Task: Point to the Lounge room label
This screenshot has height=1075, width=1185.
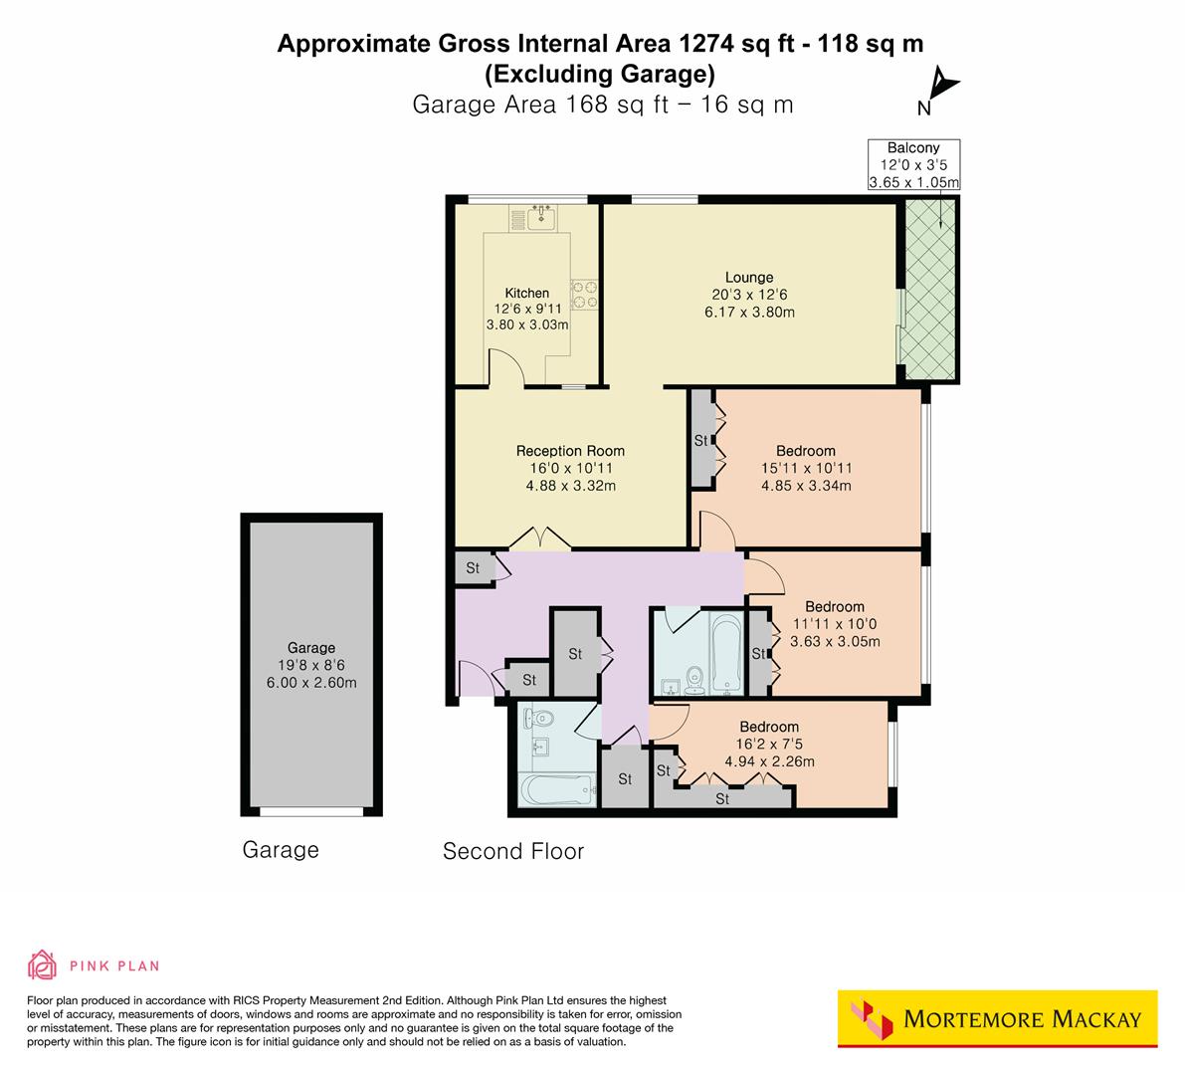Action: click(x=748, y=278)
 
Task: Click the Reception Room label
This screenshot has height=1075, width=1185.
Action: click(x=570, y=451)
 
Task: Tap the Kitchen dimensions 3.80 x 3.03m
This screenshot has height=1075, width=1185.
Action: click(x=526, y=324)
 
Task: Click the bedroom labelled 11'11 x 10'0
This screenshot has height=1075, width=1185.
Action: click(x=834, y=624)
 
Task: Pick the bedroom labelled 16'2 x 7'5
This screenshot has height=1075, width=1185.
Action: click(x=768, y=744)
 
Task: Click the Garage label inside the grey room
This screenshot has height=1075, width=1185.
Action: click(x=311, y=648)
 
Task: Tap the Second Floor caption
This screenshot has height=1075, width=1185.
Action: click(x=512, y=852)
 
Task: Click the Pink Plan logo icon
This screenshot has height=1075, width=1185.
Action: click(x=43, y=965)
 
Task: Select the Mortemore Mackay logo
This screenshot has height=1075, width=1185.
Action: click(x=997, y=1018)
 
